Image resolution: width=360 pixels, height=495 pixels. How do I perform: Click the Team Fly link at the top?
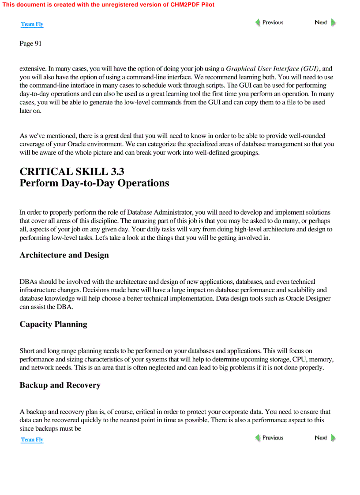point(32,24)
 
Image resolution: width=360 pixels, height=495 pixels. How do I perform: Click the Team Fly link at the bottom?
point(32,439)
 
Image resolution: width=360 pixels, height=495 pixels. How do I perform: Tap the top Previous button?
point(269,22)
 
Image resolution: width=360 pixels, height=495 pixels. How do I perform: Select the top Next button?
point(325,22)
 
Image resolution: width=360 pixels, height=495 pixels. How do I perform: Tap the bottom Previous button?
point(269,438)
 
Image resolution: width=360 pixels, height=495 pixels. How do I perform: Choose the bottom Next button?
point(325,438)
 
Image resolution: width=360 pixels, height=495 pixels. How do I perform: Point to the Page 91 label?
point(30,43)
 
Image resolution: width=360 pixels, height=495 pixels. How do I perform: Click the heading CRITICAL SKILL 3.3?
point(71,172)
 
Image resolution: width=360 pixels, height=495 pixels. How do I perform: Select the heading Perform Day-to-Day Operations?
point(94,183)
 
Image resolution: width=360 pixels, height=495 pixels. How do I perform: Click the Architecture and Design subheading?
point(64,255)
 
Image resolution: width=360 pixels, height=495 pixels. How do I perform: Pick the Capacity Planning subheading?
point(53,324)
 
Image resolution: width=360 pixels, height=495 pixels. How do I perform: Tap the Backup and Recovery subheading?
point(60,385)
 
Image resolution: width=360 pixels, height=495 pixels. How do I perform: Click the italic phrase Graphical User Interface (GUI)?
point(272,69)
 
